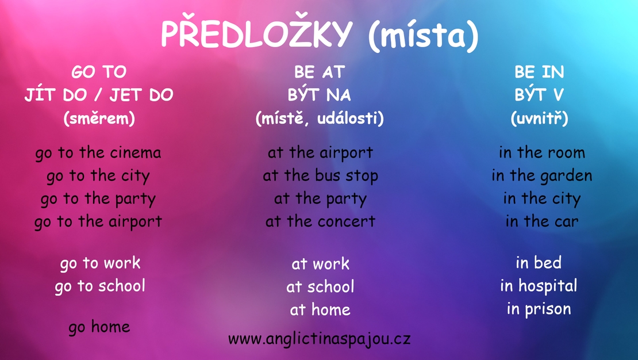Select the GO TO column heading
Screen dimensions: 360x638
click(98, 72)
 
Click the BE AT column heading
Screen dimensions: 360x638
click(319, 72)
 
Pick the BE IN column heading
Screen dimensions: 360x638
click(539, 72)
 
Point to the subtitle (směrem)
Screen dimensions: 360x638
click(98, 118)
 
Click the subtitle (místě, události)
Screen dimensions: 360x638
click(320, 118)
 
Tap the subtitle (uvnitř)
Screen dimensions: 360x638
click(539, 118)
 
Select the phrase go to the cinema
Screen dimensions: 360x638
click(98, 153)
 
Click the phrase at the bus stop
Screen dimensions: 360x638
click(320, 176)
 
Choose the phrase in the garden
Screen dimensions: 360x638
click(541, 176)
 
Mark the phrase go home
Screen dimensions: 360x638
click(99, 327)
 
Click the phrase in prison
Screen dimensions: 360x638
click(539, 309)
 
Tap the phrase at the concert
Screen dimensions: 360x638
click(320, 221)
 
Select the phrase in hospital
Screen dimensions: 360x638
click(539, 286)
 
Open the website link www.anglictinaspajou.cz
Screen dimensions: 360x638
click(319, 339)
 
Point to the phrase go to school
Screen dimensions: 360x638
click(100, 286)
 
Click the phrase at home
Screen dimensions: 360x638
click(320, 309)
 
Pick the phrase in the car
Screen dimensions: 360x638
click(541, 221)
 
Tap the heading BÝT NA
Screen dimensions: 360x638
click(319, 95)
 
